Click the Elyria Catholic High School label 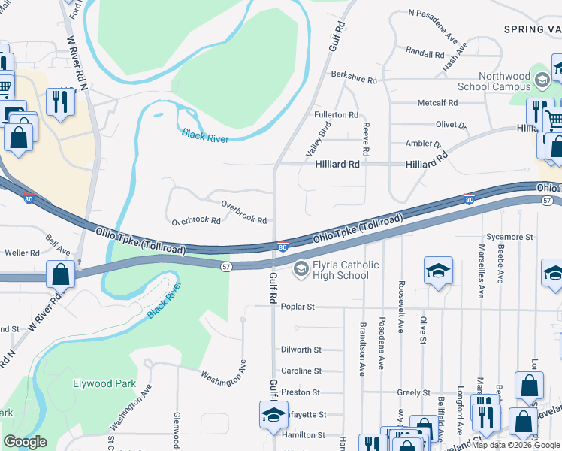(x=341, y=270)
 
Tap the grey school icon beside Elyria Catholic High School (x=301, y=268)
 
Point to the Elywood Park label (x=104, y=383)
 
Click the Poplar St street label (x=297, y=307)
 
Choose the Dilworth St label (x=301, y=350)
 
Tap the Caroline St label (x=301, y=371)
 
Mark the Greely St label (x=413, y=392)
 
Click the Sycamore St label (x=509, y=236)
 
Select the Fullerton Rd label (x=336, y=114)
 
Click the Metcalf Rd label (x=437, y=103)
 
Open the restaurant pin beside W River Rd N (x=60, y=101)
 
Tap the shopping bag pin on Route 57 (x=60, y=274)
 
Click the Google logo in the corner (x=25, y=442)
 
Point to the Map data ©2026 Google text (x=515, y=445)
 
